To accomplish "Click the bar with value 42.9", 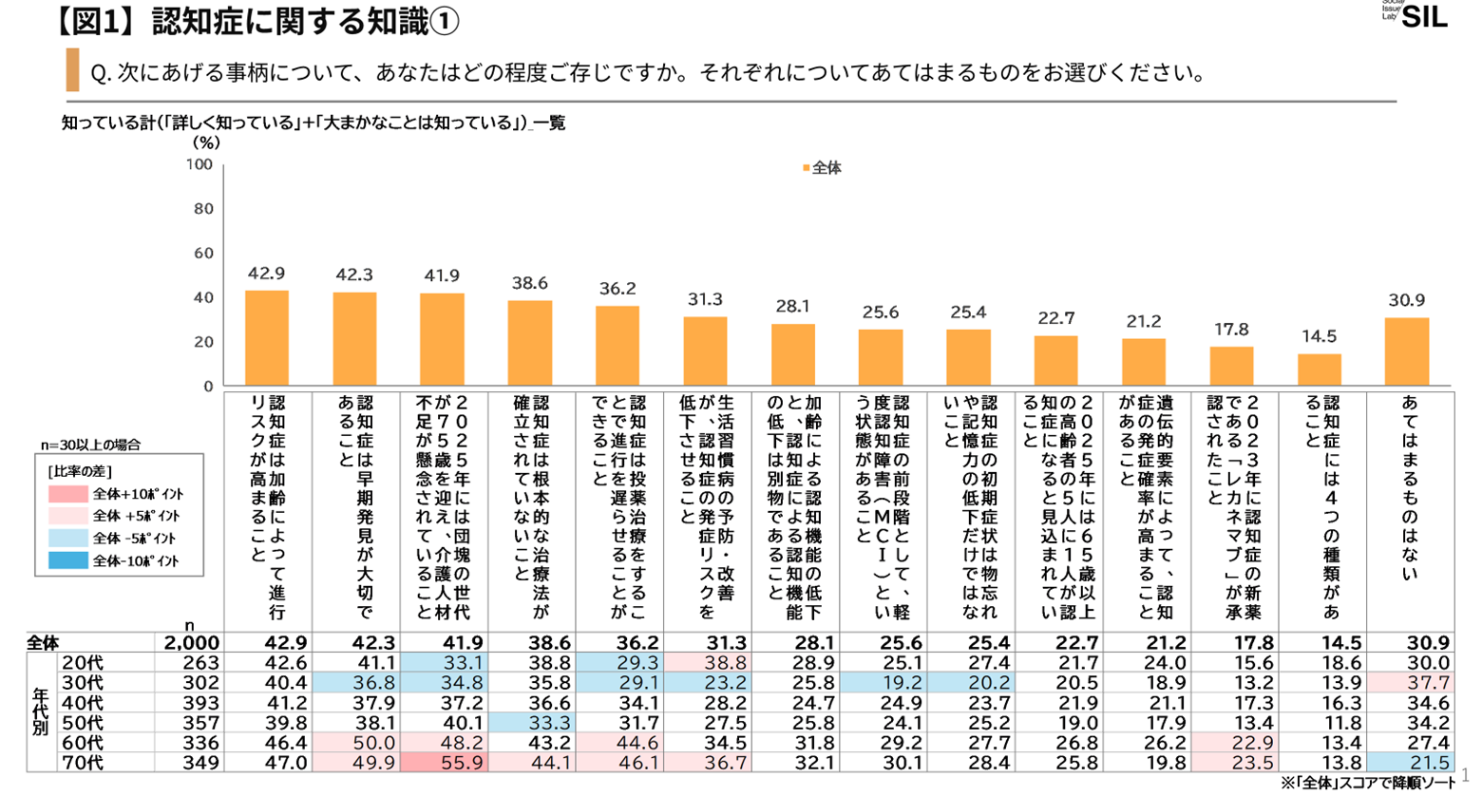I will click(x=267, y=338).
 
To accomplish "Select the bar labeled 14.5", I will click(x=1320, y=370).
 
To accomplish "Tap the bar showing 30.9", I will click(x=1407, y=351).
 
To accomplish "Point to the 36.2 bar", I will click(x=617, y=346).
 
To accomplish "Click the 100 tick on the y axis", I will click(x=199, y=165).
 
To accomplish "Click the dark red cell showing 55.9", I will click(x=442, y=763).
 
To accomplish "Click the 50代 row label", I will click(x=82, y=723).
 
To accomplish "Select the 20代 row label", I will click(x=82, y=663).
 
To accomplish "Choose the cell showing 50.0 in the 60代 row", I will click(x=354, y=743).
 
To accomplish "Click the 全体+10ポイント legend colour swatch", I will click(x=67, y=494).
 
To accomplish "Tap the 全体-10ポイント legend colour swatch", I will click(x=67, y=560).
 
